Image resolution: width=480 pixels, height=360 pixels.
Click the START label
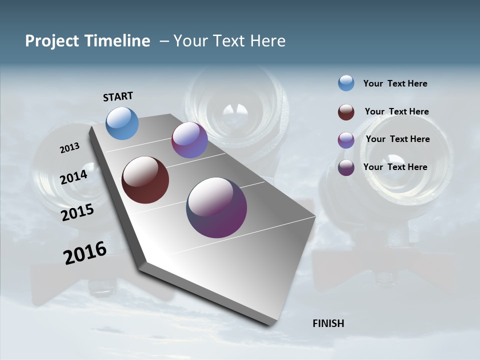coord(118,96)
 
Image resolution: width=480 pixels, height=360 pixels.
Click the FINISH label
coord(328,323)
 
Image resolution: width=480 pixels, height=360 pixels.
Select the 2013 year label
coord(69,148)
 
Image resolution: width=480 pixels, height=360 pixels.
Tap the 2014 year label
coord(73,177)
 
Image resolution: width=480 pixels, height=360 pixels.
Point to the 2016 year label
coord(85,253)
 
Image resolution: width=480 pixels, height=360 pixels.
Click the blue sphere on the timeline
coord(122,123)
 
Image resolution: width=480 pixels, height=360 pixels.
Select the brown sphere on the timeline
coord(145,180)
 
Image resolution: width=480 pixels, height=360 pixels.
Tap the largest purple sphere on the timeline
coord(216,207)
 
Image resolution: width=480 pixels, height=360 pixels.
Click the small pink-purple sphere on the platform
coord(189,140)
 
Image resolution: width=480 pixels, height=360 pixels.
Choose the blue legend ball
coord(346,83)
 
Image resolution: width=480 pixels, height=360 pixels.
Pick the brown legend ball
coord(346,112)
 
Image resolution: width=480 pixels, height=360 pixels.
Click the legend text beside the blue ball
coord(395,83)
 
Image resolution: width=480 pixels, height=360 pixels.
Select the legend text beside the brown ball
coord(396,111)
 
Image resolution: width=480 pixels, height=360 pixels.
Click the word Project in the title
coord(52,41)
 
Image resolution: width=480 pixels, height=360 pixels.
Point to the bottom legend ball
coord(346,167)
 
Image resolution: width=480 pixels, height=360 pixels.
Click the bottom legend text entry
coord(395,167)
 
